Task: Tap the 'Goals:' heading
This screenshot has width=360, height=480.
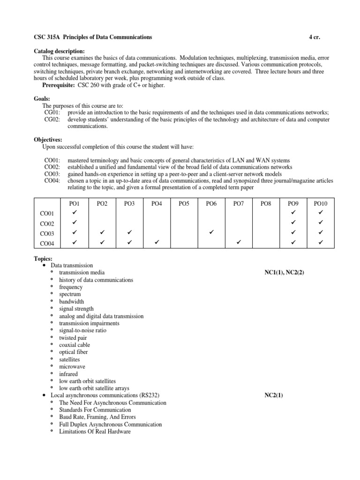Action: (x=43, y=99)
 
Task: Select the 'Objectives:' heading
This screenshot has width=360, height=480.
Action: (x=48, y=140)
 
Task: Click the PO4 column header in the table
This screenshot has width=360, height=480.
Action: (x=157, y=203)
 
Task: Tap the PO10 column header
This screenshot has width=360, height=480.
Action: (x=321, y=203)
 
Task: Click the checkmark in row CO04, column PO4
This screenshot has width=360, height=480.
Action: (x=157, y=243)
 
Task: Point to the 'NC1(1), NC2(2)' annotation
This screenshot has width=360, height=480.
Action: (x=284, y=272)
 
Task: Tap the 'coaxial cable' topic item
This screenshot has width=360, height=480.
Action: (x=75, y=345)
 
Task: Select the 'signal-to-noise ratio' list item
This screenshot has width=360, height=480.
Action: (x=82, y=330)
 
